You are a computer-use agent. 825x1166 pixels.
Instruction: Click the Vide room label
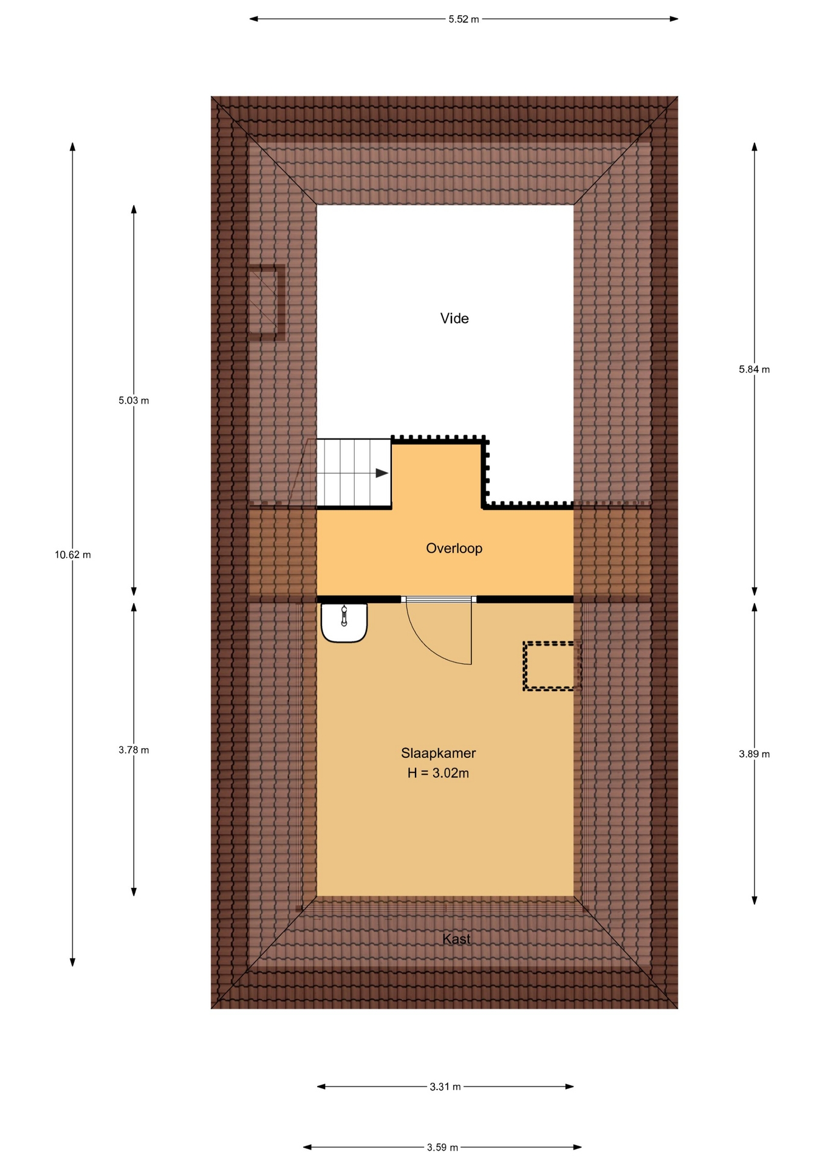coord(454,318)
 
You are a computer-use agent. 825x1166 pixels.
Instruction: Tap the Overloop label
coord(454,548)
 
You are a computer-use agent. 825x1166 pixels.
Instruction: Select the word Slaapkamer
coord(438,753)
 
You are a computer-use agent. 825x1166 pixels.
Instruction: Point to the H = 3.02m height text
coord(438,773)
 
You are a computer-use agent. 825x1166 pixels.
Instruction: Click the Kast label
coord(456,939)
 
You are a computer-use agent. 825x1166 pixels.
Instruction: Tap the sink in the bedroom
coord(344,622)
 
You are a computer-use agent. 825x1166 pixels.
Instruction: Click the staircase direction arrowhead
coord(382,473)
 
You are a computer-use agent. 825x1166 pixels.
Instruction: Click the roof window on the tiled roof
coord(266,302)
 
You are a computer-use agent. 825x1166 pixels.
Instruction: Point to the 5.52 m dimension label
coord(464,19)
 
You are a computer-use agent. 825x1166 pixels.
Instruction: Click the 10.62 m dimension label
coord(73,554)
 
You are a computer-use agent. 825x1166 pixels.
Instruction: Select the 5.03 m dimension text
coord(134,400)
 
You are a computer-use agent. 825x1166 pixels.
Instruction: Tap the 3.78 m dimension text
coord(134,750)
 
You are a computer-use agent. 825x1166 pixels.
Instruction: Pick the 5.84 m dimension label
coord(754,369)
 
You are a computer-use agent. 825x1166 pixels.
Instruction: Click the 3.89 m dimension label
coord(754,754)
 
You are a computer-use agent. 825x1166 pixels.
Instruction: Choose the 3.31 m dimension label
coord(445,1086)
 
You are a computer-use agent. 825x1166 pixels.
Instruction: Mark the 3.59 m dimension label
coord(442,1147)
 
